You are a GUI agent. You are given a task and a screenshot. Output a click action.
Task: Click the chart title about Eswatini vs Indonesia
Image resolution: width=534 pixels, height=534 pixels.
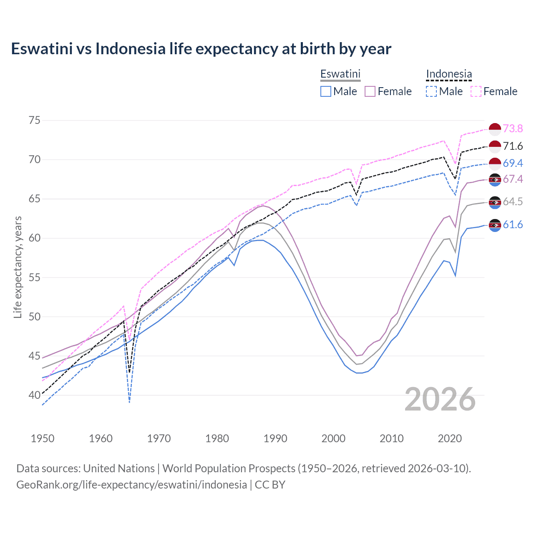pos(201,49)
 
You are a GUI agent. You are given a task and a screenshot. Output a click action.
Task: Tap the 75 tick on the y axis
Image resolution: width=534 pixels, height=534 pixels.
pos(35,121)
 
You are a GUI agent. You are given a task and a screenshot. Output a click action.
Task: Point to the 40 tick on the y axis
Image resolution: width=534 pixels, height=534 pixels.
pos(35,395)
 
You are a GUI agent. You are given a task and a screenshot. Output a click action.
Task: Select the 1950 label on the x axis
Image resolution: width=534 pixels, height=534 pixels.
pos(43,438)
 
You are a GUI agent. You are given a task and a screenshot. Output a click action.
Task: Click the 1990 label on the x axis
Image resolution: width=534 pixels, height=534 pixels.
pos(275,438)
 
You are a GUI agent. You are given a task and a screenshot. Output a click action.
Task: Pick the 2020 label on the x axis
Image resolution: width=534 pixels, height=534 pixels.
pos(450,438)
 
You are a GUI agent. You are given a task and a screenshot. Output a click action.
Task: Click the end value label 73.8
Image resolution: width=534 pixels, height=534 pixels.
pos(513,129)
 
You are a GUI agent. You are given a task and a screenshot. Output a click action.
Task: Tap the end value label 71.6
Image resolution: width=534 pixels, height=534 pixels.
pos(513,146)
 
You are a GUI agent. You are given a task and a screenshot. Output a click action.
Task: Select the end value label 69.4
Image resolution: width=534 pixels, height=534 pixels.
pos(513,163)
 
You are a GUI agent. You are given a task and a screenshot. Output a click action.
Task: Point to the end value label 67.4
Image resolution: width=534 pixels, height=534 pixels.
pos(513,179)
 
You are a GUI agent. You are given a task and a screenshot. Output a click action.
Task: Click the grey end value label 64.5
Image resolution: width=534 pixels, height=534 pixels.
pos(513,202)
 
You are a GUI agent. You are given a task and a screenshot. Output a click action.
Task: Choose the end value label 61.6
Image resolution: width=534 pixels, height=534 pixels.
pos(513,225)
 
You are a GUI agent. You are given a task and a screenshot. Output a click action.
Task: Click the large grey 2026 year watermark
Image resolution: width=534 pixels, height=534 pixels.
pos(440,399)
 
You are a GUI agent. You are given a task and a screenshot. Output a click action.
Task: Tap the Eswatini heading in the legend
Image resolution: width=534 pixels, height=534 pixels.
pos(340,74)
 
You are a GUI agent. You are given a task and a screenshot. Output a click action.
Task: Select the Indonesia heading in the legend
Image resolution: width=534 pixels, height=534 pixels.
pos(449,74)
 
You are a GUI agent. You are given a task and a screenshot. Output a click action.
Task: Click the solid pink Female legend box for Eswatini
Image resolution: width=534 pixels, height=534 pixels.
pos(370,91)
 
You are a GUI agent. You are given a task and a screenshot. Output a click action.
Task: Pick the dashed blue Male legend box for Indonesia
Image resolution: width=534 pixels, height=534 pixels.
pos(431,91)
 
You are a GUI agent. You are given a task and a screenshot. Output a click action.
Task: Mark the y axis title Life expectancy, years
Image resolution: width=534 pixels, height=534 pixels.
pos(18,267)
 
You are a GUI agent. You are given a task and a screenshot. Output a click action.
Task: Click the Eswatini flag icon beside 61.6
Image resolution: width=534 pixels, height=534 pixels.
pos(495,225)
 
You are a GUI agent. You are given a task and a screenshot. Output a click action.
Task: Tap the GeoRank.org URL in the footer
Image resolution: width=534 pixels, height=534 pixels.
pos(131,485)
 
